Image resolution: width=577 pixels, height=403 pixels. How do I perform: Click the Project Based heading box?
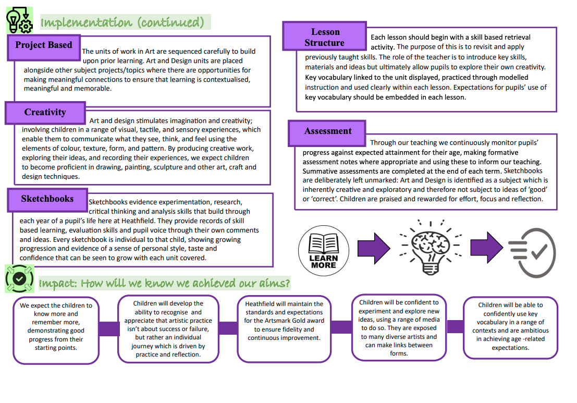(44, 47)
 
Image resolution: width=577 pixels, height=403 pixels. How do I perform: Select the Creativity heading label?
(45, 113)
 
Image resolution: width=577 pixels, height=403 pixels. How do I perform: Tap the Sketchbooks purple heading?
(47, 200)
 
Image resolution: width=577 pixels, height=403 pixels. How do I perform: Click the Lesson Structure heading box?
(325, 36)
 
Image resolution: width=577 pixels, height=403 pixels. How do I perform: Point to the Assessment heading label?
(327, 133)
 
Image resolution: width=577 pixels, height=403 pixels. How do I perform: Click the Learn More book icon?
(324, 251)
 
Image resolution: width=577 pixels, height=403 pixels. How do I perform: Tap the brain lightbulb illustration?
(431, 247)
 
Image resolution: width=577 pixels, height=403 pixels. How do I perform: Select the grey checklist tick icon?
(532, 252)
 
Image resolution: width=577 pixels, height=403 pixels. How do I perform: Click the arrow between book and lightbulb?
(374, 248)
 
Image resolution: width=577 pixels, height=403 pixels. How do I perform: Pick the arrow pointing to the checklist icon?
(487, 247)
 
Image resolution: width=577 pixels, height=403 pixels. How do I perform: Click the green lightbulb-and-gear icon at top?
(19, 20)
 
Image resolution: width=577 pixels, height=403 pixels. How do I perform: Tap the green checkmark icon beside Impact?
(19, 278)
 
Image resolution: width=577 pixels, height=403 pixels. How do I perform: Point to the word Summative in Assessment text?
(318, 171)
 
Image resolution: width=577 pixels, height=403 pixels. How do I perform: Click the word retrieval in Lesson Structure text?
(517, 37)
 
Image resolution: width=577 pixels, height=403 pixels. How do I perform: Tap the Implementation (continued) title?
(122, 22)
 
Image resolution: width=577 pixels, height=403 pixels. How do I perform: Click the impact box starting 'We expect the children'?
(56, 331)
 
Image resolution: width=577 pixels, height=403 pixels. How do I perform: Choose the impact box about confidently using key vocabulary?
(510, 327)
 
